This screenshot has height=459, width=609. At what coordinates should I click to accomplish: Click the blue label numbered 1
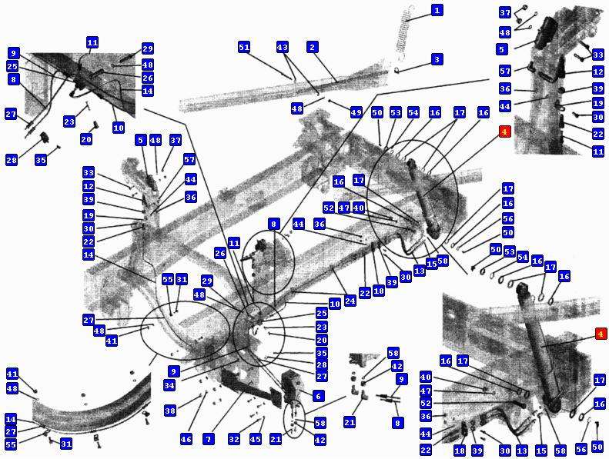click(437, 10)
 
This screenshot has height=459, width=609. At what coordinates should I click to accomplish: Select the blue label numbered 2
click(313, 48)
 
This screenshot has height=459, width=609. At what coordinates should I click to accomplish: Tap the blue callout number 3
click(437, 59)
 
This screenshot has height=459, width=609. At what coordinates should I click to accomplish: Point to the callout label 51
click(244, 48)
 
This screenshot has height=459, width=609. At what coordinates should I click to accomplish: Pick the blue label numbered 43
click(283, 48)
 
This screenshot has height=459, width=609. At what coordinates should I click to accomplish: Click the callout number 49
click(356, 112)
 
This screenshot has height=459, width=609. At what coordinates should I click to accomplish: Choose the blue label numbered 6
click(318, 396)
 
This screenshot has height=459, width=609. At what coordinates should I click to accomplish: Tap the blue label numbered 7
click(209, 439)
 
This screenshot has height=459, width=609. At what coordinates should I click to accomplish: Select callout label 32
click(234, 439)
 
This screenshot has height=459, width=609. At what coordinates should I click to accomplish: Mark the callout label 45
click(255, 439)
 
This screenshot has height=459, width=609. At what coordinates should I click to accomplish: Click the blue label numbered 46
click(186, 439)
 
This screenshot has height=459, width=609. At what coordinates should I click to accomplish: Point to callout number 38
click(170, 410)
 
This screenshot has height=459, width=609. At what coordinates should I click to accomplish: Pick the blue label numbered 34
click(169, 385)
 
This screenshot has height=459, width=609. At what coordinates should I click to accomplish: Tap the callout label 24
click(350, 301)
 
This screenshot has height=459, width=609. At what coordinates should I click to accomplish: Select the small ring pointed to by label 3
click(397, 70)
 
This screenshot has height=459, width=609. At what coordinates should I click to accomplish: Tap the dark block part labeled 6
click(290, 386)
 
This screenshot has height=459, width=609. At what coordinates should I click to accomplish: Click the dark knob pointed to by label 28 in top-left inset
click(45, 137)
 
